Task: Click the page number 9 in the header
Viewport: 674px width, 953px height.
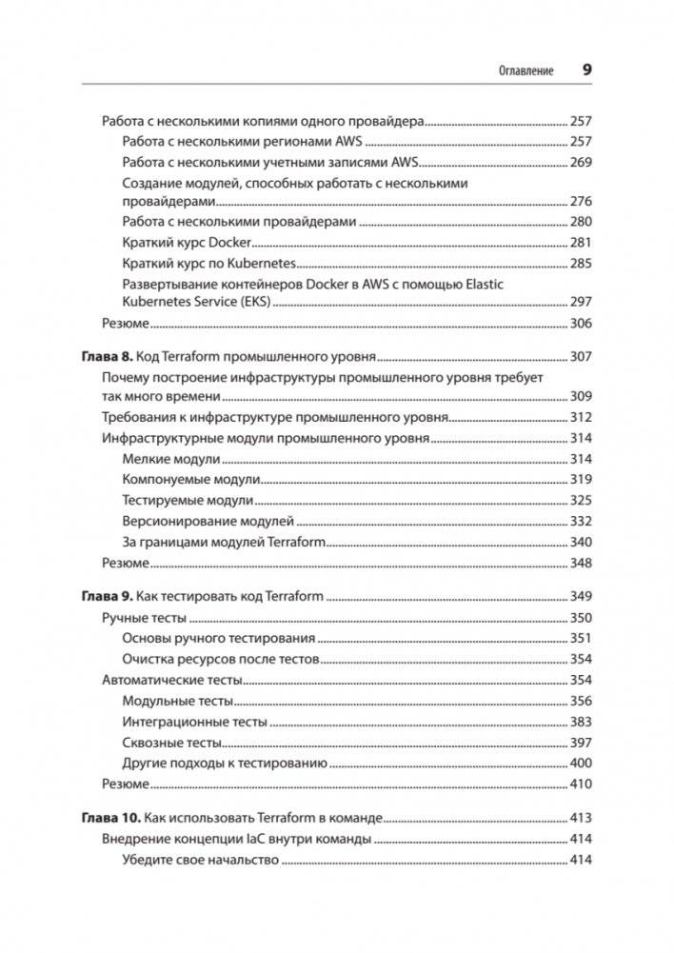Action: [x=586, y=70]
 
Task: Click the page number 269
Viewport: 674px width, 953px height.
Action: [x=580, y=162]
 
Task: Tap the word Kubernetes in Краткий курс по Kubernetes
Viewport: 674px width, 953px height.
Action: [x=262, y=263]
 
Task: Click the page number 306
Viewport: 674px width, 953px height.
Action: [x=580, y=324]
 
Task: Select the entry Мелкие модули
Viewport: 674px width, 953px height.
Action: [x=166, y=459]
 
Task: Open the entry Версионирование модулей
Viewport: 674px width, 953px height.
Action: [x=208, y=521]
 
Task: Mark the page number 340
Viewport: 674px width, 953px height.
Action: [x=580, y=542]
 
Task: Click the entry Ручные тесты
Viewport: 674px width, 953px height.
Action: [x=137, y=618]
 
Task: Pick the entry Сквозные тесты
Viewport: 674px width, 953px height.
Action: [x=172, y=743]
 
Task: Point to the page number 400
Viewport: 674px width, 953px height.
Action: [x=580, y=763]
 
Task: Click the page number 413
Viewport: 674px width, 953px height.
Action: [x=580, y=818]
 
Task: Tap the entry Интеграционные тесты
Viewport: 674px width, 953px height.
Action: [x=195, y=722]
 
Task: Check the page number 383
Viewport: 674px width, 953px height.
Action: [x=580, y=722]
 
